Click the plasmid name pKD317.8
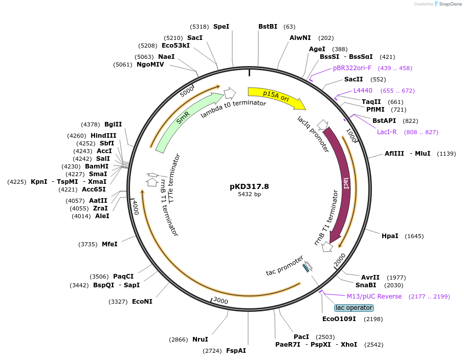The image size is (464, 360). point(249,186)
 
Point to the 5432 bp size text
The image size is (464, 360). point(249,195)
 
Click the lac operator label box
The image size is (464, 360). point(354,308)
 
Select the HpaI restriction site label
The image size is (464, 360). point(390,236)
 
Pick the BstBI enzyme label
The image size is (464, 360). point(268,26)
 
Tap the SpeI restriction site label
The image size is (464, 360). point(221,26)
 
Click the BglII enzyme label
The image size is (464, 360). point(113,124)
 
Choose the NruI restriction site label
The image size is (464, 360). point(200,339)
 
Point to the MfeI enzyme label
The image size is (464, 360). point(109,244)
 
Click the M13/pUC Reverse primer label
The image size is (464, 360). point(374,297)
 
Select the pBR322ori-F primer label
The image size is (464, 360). point(352,68)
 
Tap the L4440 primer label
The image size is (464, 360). point(363,91)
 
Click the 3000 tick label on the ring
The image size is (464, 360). point(220,300)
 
